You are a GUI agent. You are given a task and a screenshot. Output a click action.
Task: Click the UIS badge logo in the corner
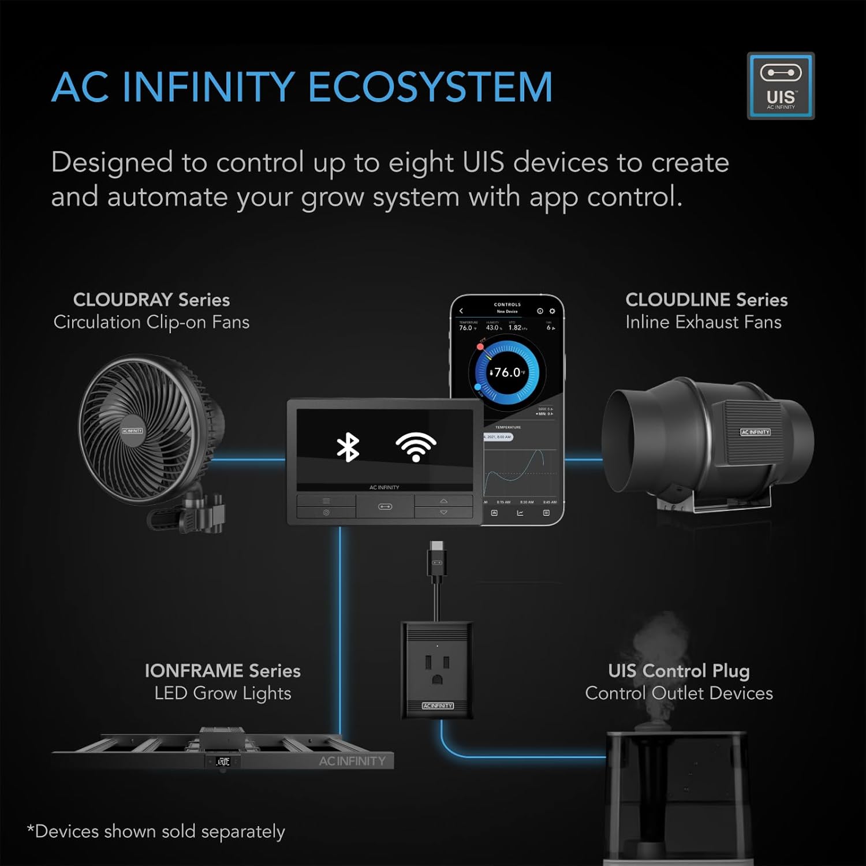[781, 86]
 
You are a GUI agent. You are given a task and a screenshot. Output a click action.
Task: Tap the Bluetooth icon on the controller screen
[348, 447]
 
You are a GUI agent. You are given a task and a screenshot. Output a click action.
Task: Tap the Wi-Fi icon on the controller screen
[416, 447]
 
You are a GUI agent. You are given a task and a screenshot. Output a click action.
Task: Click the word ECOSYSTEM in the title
[430, 88]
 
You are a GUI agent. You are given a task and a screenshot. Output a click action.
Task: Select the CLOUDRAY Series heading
[151, 300]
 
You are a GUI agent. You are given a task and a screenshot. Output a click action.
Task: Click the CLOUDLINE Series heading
[706, 300]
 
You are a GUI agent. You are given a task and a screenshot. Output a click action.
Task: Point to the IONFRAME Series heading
[222, 671]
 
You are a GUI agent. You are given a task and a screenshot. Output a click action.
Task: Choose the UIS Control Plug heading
[678, 671]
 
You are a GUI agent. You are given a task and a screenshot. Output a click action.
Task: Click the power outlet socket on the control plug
[437, 669]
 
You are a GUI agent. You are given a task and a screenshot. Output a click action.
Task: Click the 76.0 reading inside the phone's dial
[507, 372]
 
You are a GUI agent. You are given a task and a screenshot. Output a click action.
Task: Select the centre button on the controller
[385, 507]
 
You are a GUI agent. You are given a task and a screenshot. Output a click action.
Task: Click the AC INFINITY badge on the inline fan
[755, 432]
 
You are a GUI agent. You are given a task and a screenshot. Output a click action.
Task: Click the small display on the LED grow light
[223, 762]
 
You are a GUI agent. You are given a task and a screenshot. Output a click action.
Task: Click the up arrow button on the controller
[443, 501]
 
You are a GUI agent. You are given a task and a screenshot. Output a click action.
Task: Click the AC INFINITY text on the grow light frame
[352, 761]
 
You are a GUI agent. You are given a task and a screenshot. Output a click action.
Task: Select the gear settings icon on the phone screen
[552, 311]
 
